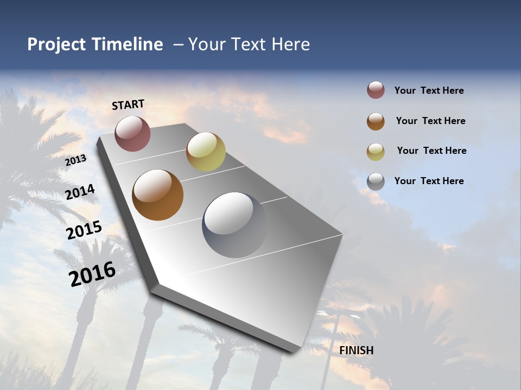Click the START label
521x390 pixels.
click(128, 105)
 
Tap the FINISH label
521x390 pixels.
click(357, 350)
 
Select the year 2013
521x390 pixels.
click(76, 160)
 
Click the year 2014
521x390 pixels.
click(80, 192)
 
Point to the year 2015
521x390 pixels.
click(84, 230)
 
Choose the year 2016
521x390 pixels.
click(92, 273)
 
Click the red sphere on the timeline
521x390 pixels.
click(132, 133)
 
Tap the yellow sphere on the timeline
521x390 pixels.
click(206, 151)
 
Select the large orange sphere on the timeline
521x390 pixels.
click(158, 195)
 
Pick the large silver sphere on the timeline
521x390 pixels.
click(234, 224)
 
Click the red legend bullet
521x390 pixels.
click(376, 90)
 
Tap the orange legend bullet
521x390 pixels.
click(376, 121)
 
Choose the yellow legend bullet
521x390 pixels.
click(376, 152)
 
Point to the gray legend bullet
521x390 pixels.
click(376, 181)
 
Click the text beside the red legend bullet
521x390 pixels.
click(429, 90)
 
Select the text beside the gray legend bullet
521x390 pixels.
click(429, 181)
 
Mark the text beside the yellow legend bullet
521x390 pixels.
click(431, 151)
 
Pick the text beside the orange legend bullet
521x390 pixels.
click(430, 121)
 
